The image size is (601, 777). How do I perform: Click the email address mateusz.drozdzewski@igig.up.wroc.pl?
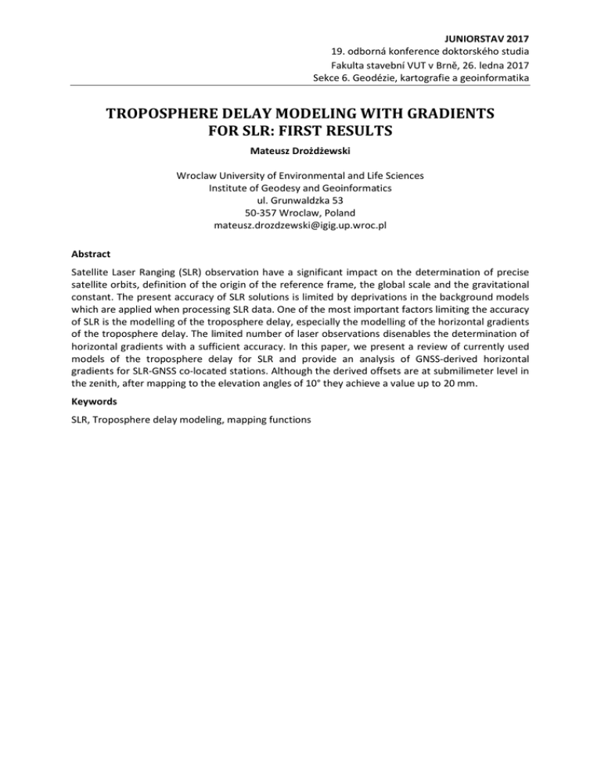[300, 226]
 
